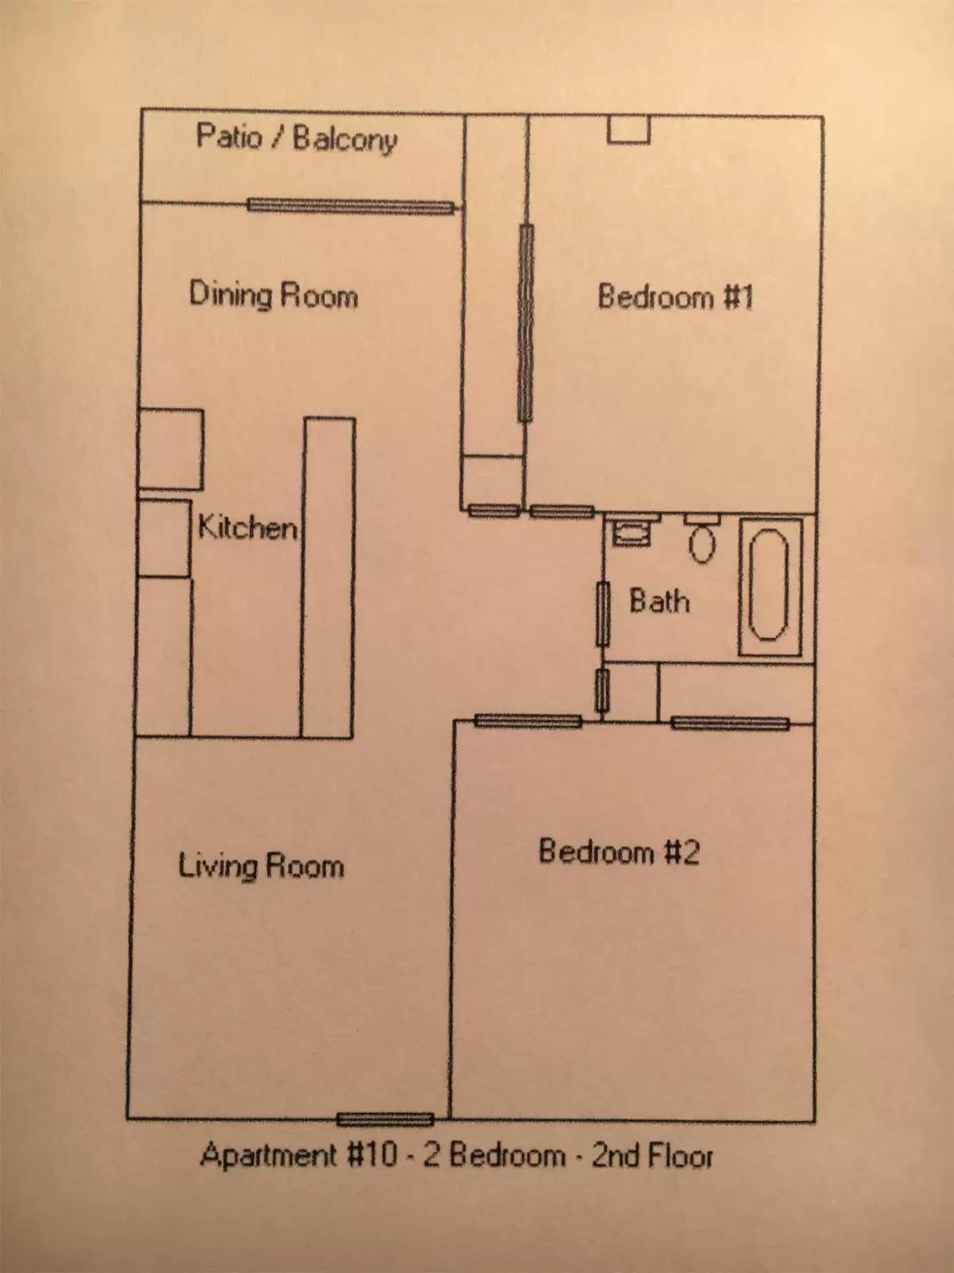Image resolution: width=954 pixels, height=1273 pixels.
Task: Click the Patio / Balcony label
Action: click(297, 139)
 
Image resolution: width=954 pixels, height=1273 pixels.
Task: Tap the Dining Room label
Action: click(273, 294)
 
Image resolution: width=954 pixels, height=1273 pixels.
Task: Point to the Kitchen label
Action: click(247, 527)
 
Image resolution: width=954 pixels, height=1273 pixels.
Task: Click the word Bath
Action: click(660, 601)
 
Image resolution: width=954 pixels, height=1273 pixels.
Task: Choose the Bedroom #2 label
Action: click(619, 852)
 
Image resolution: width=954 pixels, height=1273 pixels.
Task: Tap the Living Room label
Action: click(261, 866)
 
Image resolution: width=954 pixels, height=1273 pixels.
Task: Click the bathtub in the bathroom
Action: click(770, 587)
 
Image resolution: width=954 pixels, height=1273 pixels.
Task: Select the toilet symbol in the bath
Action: click(702, 537)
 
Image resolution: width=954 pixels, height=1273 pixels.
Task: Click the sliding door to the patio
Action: click(351, 206)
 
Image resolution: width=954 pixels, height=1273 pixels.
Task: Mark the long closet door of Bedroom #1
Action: click(525, 322)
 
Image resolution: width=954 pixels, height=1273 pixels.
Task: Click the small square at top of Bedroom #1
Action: click(629, 130)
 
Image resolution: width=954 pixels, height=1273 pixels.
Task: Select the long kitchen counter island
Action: click(328, 578)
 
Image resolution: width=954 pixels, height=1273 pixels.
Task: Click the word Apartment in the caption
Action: click(268, 1154)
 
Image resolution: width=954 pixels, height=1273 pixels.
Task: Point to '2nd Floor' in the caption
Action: click(652, 1156)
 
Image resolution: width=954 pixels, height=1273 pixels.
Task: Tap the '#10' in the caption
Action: click(372, 1154)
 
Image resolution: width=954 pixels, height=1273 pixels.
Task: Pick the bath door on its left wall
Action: click(603, 614)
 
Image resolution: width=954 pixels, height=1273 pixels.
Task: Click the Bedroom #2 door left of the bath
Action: click(528, 721)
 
